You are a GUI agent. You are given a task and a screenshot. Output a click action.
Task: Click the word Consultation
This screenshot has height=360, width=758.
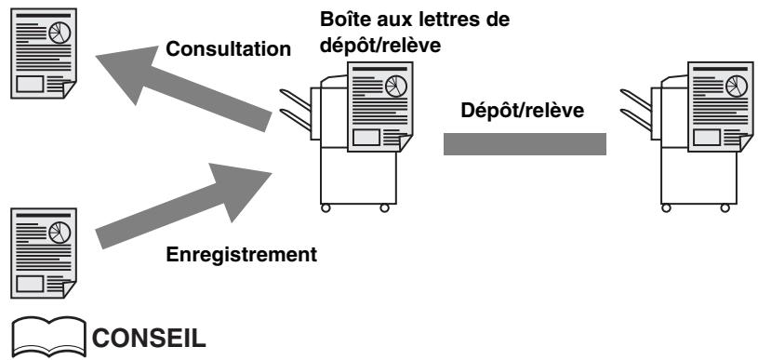228,48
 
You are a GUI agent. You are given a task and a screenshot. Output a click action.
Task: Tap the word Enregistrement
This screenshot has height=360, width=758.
241,254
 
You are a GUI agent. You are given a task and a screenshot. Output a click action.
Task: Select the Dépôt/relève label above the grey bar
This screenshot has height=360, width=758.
522,111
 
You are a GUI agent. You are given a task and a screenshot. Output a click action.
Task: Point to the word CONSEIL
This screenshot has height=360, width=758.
149,339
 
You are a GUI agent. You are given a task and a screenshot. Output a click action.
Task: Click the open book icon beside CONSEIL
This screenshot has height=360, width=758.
48,336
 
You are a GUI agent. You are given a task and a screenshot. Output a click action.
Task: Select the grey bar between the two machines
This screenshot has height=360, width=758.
525,144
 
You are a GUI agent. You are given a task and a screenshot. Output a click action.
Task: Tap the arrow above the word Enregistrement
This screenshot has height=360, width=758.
184,207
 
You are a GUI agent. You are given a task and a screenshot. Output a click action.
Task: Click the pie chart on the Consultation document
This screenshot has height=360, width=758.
60,33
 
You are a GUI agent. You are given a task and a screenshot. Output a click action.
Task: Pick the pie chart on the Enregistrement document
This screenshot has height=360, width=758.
60,233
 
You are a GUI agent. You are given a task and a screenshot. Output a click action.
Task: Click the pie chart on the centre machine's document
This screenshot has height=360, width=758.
396,86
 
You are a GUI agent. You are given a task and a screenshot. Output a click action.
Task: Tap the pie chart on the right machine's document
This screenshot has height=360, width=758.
737,86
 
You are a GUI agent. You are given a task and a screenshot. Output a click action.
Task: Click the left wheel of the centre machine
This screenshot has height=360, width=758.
326,207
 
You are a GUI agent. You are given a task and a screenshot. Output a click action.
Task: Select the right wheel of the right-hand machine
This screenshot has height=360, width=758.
725,207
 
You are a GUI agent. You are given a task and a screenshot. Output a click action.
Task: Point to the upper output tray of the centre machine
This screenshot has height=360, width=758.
295,100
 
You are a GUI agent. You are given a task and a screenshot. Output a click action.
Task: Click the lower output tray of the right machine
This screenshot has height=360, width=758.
635,120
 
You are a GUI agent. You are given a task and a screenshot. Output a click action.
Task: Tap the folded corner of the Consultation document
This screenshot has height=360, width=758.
70,89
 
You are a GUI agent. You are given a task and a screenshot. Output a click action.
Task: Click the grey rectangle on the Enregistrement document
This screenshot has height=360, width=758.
30,284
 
